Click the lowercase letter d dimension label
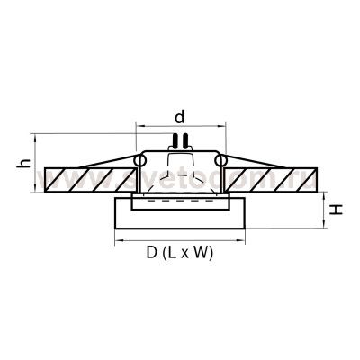click(x=181, y=115)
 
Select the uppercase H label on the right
click(x=335, y=209)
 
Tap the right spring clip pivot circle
click(x=220, y=159)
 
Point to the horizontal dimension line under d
click(x=180, y=126)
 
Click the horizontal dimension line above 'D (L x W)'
click(x=180, y=241)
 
